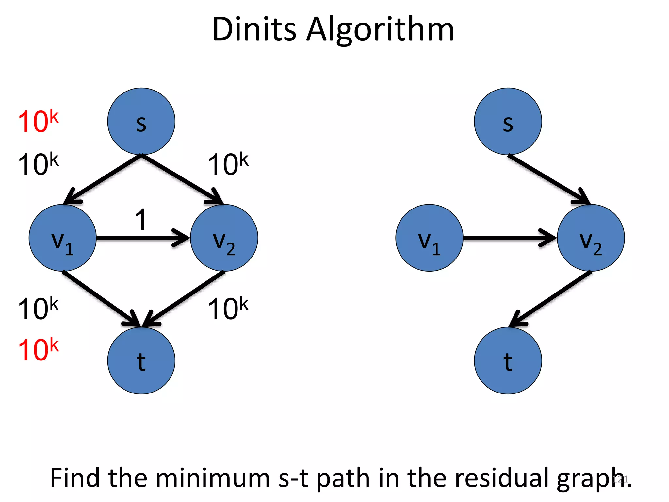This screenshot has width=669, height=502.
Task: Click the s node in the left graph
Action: click(x=141, y=121)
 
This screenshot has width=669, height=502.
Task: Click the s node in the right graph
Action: click(x=508, y=121)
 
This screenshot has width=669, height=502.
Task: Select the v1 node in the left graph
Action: click(x=62, y=238)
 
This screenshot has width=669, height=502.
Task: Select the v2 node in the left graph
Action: click(x=224, y=238)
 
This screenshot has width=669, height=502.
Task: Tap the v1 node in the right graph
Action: click(x=429, y=238)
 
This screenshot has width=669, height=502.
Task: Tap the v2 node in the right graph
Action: click(x=591, y=238)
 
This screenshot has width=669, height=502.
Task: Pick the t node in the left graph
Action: click(x=141, y=360)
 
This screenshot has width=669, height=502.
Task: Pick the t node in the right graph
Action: click(x=508, y=360)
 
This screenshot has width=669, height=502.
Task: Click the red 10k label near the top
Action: click(x=38, y=121)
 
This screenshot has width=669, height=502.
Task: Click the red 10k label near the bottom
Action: click(x=38, y=349)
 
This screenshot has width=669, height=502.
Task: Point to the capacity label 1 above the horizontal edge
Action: click(x=141, y=220)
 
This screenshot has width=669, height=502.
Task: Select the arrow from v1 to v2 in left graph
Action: click(x=140, y=238)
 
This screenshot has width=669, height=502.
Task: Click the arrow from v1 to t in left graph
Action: click(x=101, y=298)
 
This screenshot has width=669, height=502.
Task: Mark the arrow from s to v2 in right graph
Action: click(x=547, y=179)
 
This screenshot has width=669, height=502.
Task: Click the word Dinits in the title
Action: click(x=254, y=29)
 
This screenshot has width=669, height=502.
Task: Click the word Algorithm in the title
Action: click(x=380, y=29)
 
